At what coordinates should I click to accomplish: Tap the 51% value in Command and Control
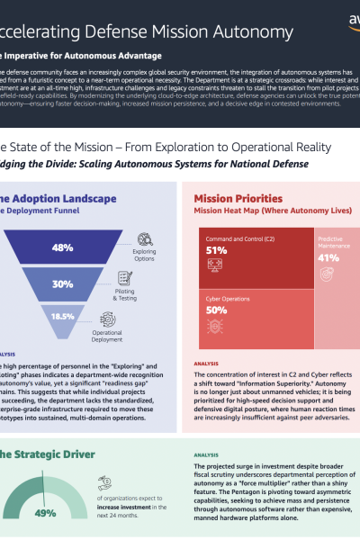pyautogui.click(x=216, y=250)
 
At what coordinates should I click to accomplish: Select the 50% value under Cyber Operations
pyautogui.click(x=216, y=310)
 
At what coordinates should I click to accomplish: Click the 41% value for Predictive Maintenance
pyautogui.click(x=328, y=257)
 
